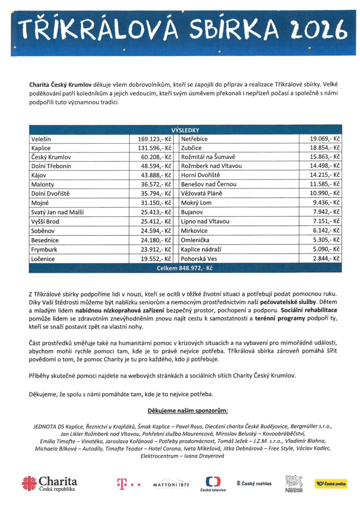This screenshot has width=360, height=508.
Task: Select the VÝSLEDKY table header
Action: point(185,130)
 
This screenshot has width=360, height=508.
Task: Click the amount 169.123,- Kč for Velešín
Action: point(154,139)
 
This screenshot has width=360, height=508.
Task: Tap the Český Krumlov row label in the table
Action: point(50,157)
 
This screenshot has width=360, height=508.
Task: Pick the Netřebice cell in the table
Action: point(195,139)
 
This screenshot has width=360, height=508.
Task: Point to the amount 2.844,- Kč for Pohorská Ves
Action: point(326,259)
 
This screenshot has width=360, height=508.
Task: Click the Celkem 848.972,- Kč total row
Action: point(185,268)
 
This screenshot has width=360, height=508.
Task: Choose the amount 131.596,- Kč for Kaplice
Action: point(154,148)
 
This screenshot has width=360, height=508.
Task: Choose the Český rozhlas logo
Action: point(254,483)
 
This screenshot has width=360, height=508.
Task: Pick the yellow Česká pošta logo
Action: point(331,483)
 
